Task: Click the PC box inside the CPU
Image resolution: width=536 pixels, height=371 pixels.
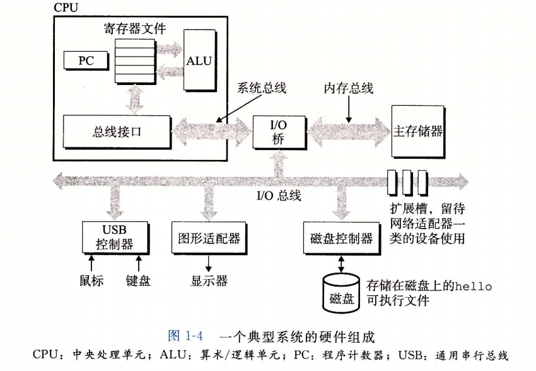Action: click(85, 61)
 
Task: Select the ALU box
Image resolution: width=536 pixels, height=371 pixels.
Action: click(199, 60)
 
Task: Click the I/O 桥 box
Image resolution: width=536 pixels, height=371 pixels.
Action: click(279, 132)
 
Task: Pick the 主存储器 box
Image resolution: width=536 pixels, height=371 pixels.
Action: click(417, 132)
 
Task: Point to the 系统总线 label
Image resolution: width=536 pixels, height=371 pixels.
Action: click(261, 88)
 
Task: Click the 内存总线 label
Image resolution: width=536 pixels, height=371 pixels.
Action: click(348, 88)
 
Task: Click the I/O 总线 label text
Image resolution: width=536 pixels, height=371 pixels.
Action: click(279, 196)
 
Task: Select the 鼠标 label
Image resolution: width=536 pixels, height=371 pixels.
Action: click(91, 280)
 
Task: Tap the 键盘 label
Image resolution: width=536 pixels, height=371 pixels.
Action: click(138, 280)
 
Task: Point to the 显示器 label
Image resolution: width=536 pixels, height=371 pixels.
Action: click(209, 280)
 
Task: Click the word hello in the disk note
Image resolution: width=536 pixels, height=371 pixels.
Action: click(472, 286)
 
